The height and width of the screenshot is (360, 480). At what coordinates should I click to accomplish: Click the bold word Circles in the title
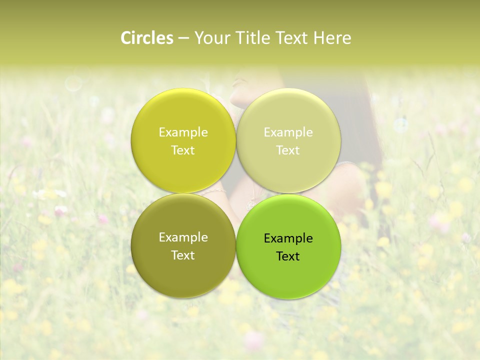point(147,38)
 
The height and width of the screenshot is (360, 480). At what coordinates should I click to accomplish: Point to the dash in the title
point(183,38)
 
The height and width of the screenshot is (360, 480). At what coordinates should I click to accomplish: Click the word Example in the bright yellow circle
point(183,132)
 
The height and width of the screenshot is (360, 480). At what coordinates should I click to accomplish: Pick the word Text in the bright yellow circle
point(183,150)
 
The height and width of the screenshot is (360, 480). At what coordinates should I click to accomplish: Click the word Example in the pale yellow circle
point(288,132)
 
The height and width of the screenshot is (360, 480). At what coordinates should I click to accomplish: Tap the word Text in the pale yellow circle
point(288,150)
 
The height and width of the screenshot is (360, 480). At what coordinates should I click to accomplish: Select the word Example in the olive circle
point(183,237)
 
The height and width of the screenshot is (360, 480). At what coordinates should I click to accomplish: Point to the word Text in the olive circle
point(183,255)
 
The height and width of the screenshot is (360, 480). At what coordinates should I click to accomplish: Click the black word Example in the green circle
point(288,238)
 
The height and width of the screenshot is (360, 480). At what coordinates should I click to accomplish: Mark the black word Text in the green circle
point(288,256)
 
